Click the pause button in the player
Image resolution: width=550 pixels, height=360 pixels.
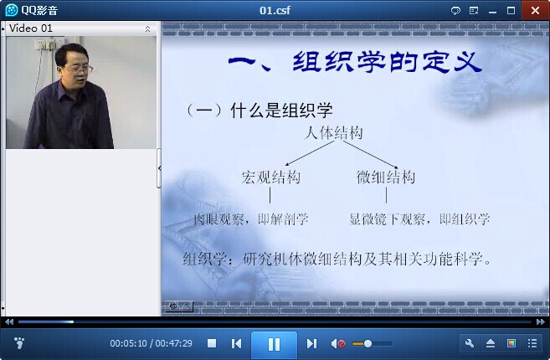click(x=274, y=343)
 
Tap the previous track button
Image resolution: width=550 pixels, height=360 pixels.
click(x=236, y=343)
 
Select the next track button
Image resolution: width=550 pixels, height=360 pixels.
click(x=311, y=343)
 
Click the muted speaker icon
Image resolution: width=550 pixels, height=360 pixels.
click(x=338, y=343)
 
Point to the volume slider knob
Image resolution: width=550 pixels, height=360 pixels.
click(x=368, y=343)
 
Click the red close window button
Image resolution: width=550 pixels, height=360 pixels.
click(x=535, y=10)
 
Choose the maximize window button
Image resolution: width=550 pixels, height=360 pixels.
click(x=511, y=11)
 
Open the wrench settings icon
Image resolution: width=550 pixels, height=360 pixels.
click(x=470, y=343)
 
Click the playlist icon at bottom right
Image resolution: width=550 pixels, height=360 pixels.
click(x=532, y=343)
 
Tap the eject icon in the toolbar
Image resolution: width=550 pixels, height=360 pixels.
click(x=491, y=343)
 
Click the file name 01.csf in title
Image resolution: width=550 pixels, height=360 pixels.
click(x=275, y=10)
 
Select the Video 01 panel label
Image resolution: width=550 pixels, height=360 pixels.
click(x=30, y=28)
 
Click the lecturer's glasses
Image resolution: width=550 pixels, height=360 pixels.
click(x=79, y=69)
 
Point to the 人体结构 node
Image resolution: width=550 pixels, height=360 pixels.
click(x=333, y=133)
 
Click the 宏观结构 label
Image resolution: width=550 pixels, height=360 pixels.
click(x=270, y=177)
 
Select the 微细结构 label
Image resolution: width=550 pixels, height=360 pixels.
click(x=386, y=177)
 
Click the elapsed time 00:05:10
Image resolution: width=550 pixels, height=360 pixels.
click(x=128, y=343)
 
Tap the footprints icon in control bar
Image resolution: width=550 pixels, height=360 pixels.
click(x=19, y=342)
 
